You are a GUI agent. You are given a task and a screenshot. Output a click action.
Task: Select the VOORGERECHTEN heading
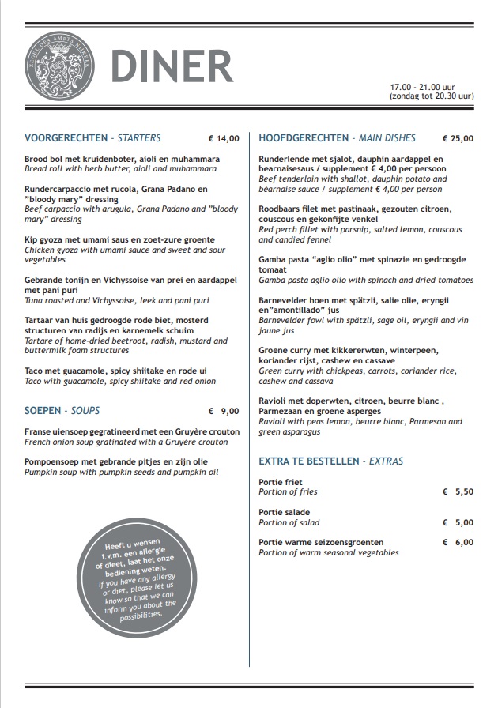(x=65, y=138)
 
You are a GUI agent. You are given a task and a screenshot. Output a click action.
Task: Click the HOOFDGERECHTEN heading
(x=303, y=138)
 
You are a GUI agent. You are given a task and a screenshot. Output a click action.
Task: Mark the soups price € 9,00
(x=223, y=412)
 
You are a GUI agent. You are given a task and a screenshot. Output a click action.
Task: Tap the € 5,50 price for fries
(x=458, y=491)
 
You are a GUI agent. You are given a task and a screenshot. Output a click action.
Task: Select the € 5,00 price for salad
(x=458, y=522)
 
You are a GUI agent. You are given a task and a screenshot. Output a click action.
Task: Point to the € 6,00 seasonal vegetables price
(x=458, y=543)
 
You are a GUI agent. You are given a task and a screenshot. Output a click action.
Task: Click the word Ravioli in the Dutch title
(x=274, y=401)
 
